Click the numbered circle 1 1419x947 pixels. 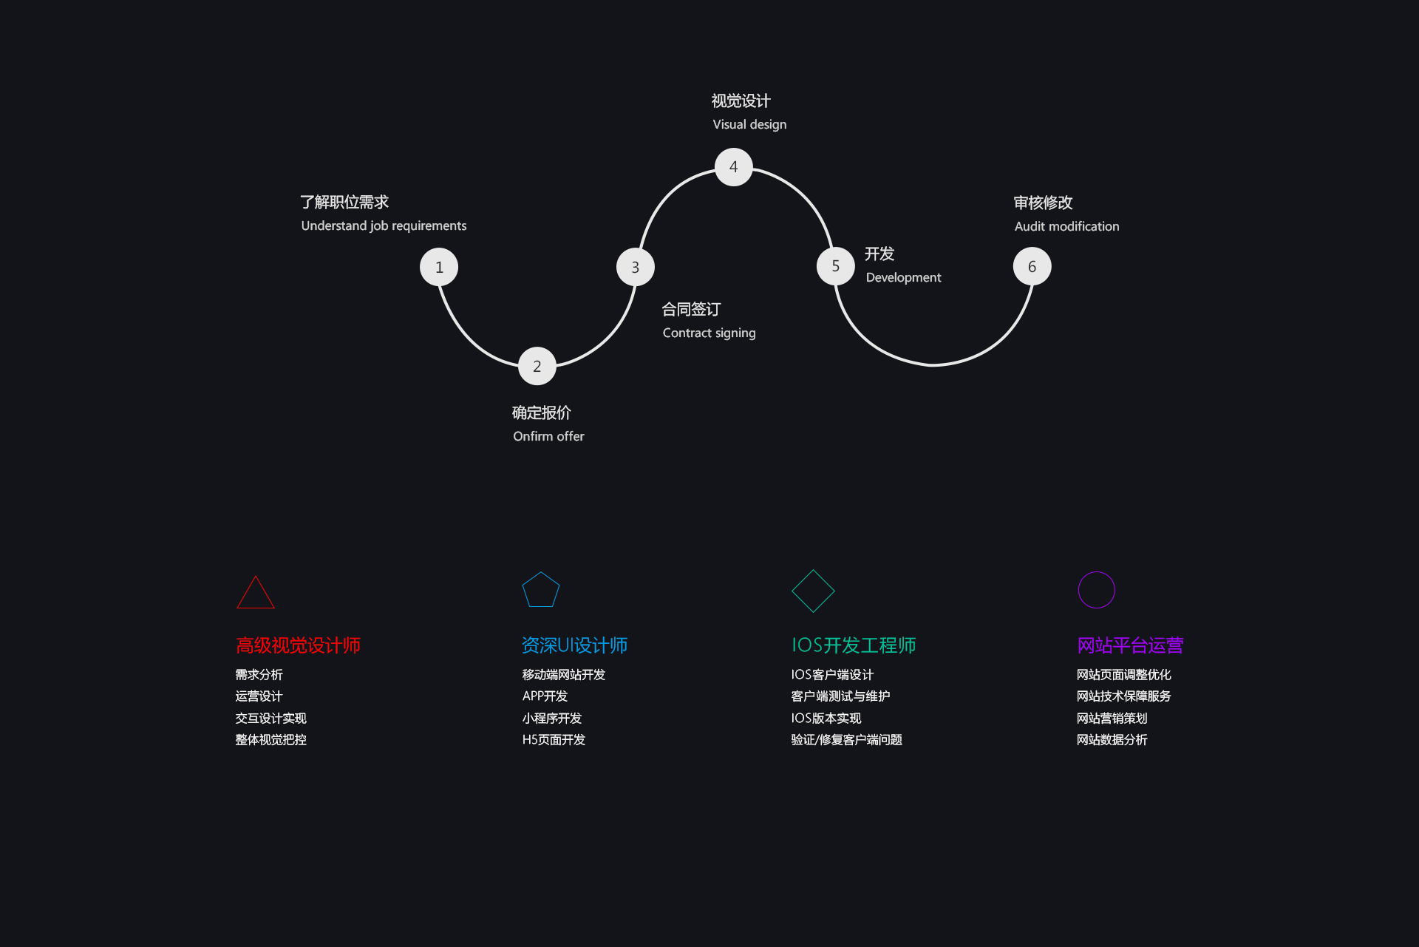[x=439, y=267]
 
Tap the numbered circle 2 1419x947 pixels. [x=537, y=366]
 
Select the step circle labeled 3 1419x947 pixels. [x=636, y=267]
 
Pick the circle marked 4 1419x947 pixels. [x=734, y=167]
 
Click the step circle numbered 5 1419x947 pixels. [x=836, y=266]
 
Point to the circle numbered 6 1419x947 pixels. [x=1032, y=266]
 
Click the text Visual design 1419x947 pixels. [x=749, y=124]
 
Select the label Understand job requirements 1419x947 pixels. [x=384, y=225]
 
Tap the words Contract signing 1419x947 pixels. [x=709, y=333]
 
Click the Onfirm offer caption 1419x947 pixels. [x=548, y=436]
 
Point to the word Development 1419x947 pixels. [x=903, y=277]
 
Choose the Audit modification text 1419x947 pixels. [x=1066, y=226]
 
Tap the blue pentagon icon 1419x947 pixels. [x=541, y=590]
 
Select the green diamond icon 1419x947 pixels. [x=813, y=591]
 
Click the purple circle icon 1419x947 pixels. [x=1097, y=590]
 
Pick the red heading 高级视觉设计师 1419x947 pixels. [x=298, y=645]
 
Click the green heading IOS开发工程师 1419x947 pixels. [x=854, y=645]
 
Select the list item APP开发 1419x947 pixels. [x=545, y=696]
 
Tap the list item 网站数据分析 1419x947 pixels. [x=1112, y=740]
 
